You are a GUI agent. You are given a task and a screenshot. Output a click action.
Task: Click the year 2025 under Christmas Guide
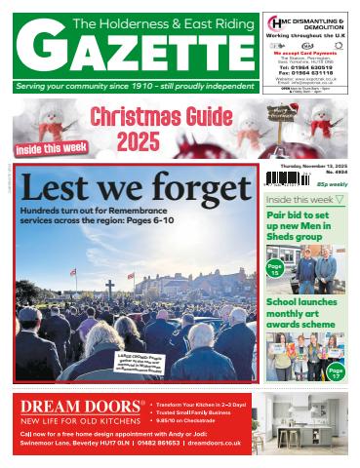139,142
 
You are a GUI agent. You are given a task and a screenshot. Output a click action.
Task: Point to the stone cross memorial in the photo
108,287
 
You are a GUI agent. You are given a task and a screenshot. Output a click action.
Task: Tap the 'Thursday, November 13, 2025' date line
311,165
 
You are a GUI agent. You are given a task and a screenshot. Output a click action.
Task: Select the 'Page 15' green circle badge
275,270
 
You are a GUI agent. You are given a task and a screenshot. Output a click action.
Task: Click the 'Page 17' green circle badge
336,370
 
